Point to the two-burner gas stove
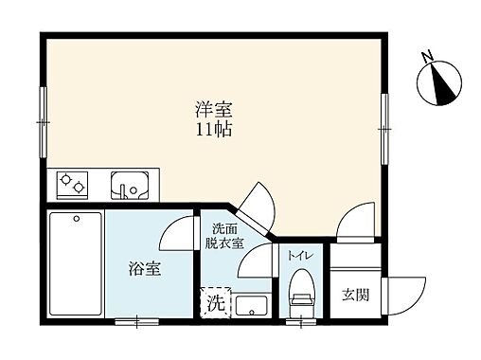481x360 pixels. [x=72, y=184]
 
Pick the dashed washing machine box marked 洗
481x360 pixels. [x=215, y=304]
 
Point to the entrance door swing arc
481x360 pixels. [x=402, y=289]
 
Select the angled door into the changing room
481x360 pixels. [x=254, y=201]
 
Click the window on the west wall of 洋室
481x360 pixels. [x=43, y=120]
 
